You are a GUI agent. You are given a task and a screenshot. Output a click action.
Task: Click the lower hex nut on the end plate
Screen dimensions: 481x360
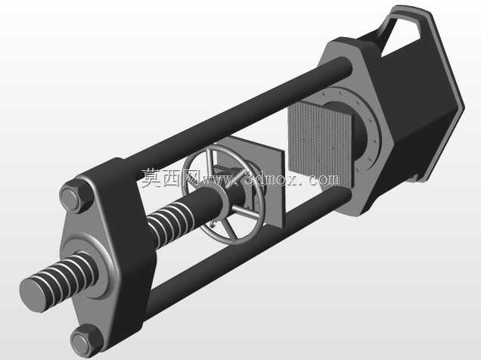(86, 341)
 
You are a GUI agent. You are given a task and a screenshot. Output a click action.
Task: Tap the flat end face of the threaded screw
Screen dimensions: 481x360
(33, 295)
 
